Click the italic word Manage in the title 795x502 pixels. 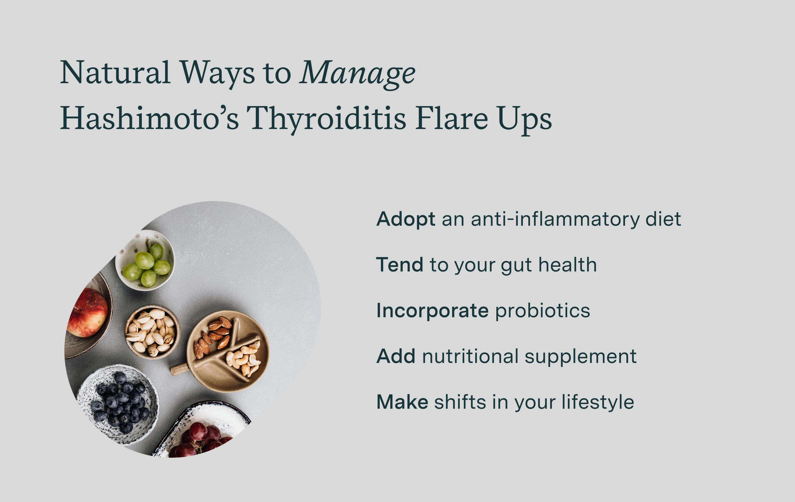(x=357, y=73)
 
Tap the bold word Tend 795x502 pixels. (x=399, y=265)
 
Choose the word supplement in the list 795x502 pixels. (x=580, y=357)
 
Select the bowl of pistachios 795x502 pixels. (x=152, y=332)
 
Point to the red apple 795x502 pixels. (x=88, y=313)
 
